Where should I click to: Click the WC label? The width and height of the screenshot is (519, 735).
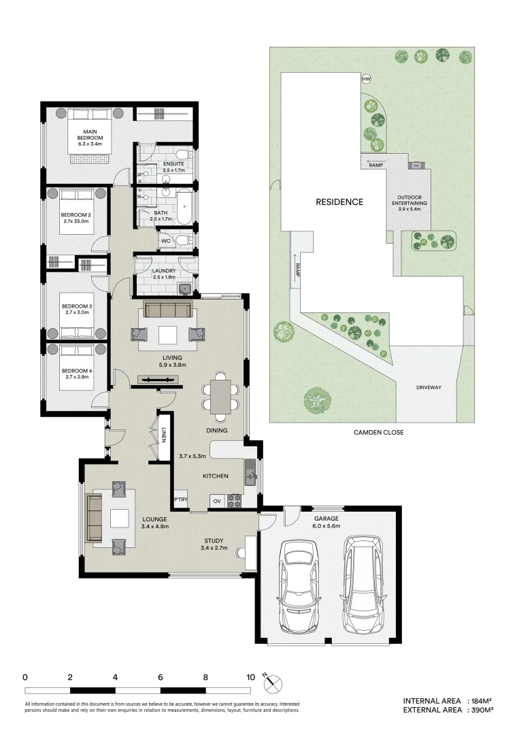(x=165, y=241)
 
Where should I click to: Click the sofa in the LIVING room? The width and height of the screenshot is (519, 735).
(x=167, y=311)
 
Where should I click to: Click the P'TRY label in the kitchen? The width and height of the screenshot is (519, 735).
(x=180, y=501)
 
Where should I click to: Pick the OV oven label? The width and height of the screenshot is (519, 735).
(x=218, y=501)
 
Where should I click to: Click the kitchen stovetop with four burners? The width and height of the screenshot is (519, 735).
(x=236, y=501)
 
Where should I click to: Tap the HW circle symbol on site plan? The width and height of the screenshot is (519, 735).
(x=367, y=80)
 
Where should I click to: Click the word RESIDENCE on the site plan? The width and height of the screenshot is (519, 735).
(x=339, y=202)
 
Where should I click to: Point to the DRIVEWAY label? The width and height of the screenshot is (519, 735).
(x=429, y=387)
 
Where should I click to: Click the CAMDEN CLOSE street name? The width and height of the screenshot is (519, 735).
(x=378, y=431)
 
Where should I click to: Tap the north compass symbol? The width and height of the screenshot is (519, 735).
(x=273, y=683)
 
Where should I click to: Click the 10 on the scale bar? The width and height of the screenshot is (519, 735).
(x=250, y=677)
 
